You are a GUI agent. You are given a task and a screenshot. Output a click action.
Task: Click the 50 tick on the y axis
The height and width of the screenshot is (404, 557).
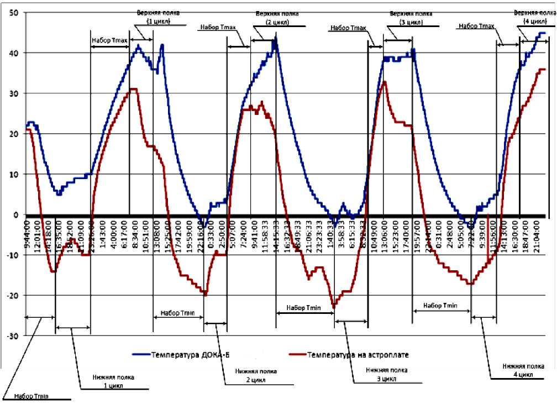[x=14, y=12]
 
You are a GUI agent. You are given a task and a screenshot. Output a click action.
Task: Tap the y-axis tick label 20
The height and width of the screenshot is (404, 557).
[x=14, y=134]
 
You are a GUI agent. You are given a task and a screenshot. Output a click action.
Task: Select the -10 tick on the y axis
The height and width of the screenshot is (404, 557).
[x=13, y=255]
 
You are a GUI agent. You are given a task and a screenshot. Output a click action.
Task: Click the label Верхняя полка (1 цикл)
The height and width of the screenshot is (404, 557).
[x=158, y=17]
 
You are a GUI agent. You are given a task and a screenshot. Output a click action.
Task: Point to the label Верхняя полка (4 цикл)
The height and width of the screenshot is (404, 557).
[x=533, y=17]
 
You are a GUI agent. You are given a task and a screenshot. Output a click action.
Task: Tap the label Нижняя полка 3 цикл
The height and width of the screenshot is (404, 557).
[x=387, y=376]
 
